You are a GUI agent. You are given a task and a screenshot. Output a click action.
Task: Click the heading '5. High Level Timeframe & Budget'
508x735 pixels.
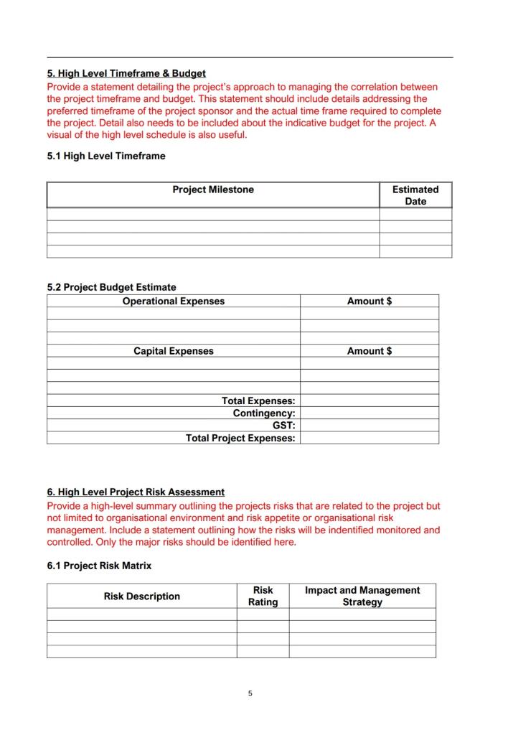coord(126,73)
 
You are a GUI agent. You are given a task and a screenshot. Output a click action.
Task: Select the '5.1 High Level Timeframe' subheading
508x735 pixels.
coord(106,156)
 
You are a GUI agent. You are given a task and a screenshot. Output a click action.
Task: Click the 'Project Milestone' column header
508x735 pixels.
coord(213,189)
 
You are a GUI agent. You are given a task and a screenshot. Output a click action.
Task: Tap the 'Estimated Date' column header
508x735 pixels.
coord(415,195)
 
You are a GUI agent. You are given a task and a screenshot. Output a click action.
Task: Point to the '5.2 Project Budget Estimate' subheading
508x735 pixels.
coord(111,287)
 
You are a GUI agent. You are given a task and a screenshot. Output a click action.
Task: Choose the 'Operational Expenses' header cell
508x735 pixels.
coord(174,301)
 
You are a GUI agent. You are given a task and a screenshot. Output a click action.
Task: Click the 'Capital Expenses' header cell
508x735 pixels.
coord(174,351)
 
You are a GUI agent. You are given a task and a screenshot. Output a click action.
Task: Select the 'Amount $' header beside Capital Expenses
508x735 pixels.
coord(370,351)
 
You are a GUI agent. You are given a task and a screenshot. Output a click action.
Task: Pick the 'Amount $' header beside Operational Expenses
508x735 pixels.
coord(370,301)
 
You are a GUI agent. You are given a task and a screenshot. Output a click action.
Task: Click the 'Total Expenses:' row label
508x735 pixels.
coord(258,401)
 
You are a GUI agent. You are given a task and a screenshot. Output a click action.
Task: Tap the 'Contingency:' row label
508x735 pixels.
coord(264,413)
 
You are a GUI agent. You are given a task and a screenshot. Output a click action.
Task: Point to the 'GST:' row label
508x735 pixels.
coord(283,426)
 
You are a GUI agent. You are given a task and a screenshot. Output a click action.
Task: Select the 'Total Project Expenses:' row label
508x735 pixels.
coord(240,438)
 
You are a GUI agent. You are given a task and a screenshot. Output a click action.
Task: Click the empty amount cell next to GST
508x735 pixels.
coord(370,426)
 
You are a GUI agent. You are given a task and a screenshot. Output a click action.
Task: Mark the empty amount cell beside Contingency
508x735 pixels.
coord(370,413)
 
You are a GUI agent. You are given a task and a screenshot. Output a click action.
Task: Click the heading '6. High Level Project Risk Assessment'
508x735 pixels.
coord(136,492)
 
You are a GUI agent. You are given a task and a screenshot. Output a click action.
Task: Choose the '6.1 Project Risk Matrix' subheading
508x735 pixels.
coord(99,566)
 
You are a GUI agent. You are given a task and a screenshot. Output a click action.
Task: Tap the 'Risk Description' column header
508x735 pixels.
coord(142,596)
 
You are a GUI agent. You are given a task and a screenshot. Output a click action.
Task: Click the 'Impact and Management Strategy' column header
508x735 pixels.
coord(362,596)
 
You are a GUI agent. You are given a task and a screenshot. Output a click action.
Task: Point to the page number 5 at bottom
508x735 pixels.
coord(250,693)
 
